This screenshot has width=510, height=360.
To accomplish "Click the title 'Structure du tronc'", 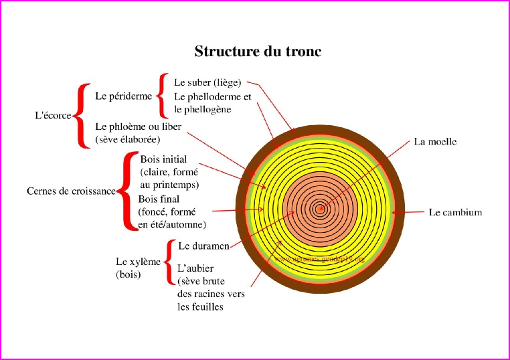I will tap(258, 52).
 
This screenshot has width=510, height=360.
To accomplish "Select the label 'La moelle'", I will tap(435, 142).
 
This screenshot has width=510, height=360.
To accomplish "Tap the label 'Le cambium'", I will tap(455, 213).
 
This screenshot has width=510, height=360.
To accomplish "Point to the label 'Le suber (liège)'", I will tap(207, 82).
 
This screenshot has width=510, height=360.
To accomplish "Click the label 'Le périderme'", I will tap(124, 96).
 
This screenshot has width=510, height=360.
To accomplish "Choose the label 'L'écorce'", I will tap(53, 115).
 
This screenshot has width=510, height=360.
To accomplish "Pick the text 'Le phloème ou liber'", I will tap(138, 126).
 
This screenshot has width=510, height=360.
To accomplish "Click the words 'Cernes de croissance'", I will tap(71, 191).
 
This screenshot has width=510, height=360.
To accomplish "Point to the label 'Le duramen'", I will tap(204, 246).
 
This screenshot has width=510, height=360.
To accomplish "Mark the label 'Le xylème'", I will tap(139, 262).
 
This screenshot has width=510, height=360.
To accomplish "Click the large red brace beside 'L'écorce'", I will tap(82, 115).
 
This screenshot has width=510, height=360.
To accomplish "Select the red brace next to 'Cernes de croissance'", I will tap(126, 191).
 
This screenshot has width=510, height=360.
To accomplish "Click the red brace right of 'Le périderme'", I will tap(161, 95).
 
